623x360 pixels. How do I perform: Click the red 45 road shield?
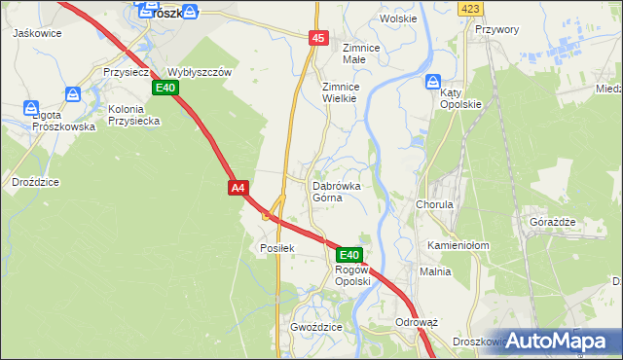pos(319,38)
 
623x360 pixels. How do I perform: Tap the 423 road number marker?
pos(471,8)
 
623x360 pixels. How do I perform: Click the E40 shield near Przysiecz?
pos(165,89)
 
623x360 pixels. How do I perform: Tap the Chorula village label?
pos(435,205)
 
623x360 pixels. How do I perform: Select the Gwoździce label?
pos(316,328)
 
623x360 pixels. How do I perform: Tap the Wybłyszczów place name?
pos(200,72)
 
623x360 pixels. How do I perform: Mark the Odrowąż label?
pos(418,321)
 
